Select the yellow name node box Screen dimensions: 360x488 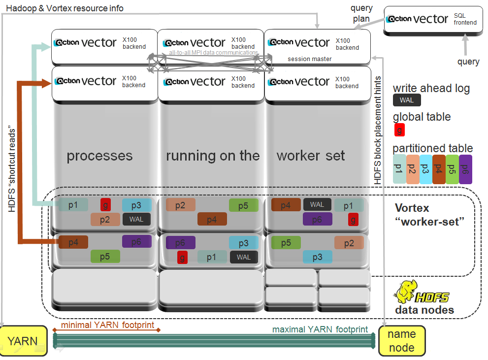pyautogui.click(x=401, y=341)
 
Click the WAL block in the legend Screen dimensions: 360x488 pyautogui.click(x=407, y=100)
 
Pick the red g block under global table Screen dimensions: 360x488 pyautogui.click(x=400, y=130)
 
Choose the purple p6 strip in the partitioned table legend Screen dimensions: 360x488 pyautogui.click(x=465, y=169)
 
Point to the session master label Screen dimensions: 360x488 pyautogui.click(x=309, y=59)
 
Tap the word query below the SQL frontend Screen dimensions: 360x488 pyautogui.click(x=468, y=62)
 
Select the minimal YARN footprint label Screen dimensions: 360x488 pyautogui.click(x=107, y=326)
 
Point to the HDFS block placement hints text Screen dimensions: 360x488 pyautogui.click(x=378, y=131)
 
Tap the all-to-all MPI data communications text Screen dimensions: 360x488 pyautogui.click(x=213, y=52)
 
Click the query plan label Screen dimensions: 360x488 pyautogui.click(x=361, y=14)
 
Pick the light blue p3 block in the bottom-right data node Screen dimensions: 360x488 pyautogui.click(x=317, y=257)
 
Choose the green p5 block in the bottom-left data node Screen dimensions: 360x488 pyautogui.click(x=105, y=256)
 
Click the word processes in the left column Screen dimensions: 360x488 pyautogui.click(x=99, y=156)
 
